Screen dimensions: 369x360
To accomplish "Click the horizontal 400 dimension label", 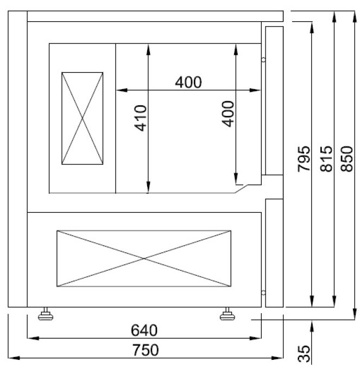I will coord(188,82).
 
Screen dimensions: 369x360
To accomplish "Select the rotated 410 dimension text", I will coord(141,118).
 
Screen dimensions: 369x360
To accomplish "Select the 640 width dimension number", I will coord(144,329).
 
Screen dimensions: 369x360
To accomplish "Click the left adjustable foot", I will coord(45,313).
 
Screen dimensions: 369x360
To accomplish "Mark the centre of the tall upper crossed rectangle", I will coord(83,118).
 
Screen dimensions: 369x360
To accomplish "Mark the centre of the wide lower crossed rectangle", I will coord(144,258).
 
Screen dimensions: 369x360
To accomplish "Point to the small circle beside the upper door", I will coord(263,60).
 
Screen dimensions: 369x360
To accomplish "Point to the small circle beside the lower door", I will coord(263,292).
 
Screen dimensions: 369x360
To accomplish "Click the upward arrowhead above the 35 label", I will coord(313,325).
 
